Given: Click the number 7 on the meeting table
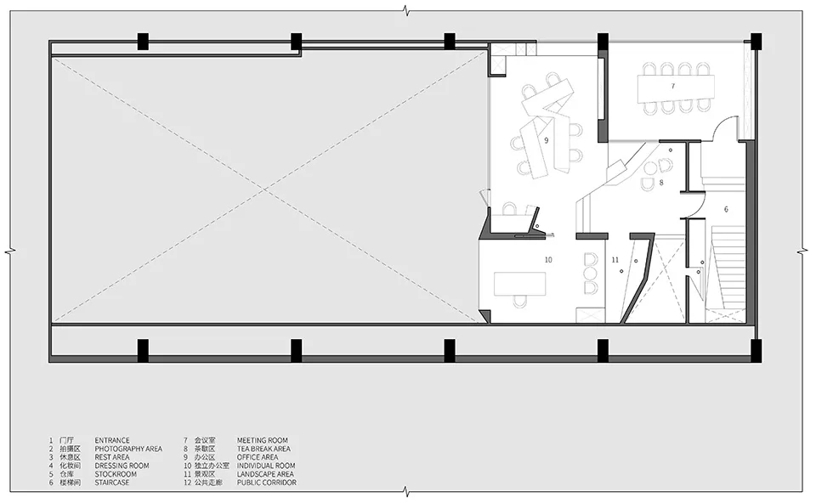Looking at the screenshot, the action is click(x=673, y=86).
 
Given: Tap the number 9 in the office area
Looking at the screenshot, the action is click(x=547, y=140).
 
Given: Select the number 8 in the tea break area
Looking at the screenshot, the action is click(x=661, y=183).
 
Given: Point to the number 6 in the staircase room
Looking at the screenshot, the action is click(x=726, y=209).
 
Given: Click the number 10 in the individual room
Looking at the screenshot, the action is click(x=548, y=259).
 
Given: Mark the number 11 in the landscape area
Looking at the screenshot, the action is click(x=615, y=259).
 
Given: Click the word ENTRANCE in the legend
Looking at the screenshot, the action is click(x=112, y=440).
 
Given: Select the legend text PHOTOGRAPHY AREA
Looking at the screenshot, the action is click(x=128, y=449).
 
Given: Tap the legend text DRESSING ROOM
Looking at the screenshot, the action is click(x=122, y=466).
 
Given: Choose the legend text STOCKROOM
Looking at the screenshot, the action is click(x=116, y=474).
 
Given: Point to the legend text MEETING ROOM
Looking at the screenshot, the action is click(x=263, y=440).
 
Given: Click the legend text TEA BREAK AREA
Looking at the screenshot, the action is click(x=263, y=449).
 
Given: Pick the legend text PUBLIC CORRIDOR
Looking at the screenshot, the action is click(x=267, y=483).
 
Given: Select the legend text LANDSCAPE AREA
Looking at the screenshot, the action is click(x=265, y=474).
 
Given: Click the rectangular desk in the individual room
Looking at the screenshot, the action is click(x=519, y=283).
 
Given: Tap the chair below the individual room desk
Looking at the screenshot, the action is click(x=520, y=301).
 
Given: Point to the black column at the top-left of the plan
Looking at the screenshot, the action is click(x=143, y=42).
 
